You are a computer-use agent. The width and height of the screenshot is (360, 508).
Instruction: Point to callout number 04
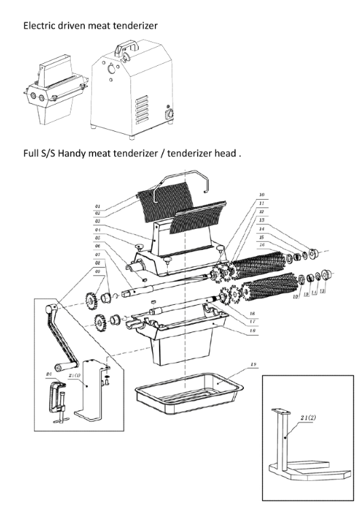coord(98,230)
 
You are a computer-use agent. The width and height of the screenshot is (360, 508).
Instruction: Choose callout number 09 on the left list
coord(98,271)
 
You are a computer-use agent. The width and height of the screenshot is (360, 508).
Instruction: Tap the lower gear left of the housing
coord(96,323)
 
